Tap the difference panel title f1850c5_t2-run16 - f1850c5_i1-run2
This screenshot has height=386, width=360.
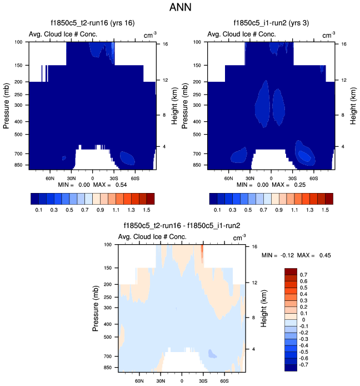coord(181,226)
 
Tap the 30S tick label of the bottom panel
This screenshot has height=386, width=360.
coord(203,382)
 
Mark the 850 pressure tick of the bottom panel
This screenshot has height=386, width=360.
coord(107,368)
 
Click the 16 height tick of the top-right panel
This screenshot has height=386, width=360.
coord(344,43)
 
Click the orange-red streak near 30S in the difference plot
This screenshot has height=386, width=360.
coord(202,255)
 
